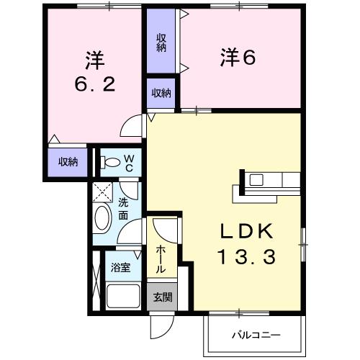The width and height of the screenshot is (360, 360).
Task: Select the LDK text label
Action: point(245,232)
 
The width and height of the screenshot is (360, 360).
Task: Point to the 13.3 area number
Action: point(245,256)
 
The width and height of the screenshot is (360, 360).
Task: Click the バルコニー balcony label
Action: point(255,336)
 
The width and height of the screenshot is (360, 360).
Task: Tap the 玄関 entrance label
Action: point(162,297)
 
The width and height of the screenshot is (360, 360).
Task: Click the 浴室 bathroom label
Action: point(120,268)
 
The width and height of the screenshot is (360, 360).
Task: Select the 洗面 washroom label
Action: point(124,209)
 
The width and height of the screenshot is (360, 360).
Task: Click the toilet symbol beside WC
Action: point(110,163)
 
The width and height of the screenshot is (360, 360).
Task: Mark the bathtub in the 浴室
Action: point(123,296)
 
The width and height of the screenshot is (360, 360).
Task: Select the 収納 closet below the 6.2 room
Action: point(68,162)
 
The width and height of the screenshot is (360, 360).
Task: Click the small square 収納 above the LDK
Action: point(162,93)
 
